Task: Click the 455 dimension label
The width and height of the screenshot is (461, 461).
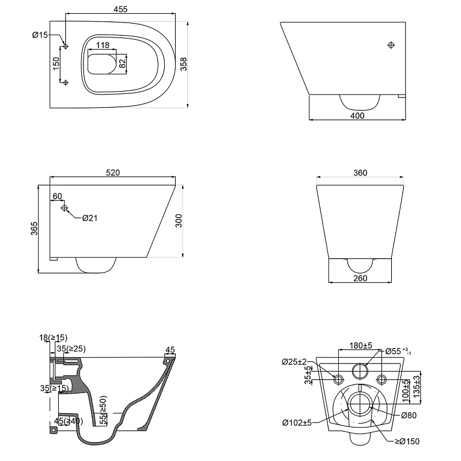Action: pos(120,9)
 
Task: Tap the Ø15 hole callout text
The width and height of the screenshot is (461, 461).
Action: pos(40,35)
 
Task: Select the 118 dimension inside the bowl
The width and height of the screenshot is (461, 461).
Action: pos(103,45)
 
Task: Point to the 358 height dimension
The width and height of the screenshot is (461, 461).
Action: pos(183,64)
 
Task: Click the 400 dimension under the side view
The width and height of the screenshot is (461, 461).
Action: pos(357,116)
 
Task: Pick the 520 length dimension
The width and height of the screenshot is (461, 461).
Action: pos(113,172)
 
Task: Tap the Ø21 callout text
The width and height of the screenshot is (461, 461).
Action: pos(90,218)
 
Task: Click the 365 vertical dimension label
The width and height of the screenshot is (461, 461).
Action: pos(35,228)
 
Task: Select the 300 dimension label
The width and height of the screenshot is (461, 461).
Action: pos(179,221)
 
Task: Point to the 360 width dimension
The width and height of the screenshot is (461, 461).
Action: pos(360,172)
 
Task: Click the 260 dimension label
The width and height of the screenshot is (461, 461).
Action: pos(360,278)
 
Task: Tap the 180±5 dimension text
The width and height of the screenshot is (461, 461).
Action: pos(361,345)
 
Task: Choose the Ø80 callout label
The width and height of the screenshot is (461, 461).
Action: pos(409,415)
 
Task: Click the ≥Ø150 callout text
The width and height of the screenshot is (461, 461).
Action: pos(407,441)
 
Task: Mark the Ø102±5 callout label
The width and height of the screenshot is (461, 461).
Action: pos(297,423)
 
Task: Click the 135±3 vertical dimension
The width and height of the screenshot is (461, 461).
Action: pos(417,386)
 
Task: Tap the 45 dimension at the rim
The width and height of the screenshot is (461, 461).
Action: pos(170,350)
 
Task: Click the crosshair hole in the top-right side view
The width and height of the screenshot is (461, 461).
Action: pos(391,45)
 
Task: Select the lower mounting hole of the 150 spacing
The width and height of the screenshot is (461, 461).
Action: pos(66,82)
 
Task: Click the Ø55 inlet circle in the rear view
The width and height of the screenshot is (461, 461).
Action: pos(360,371)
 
